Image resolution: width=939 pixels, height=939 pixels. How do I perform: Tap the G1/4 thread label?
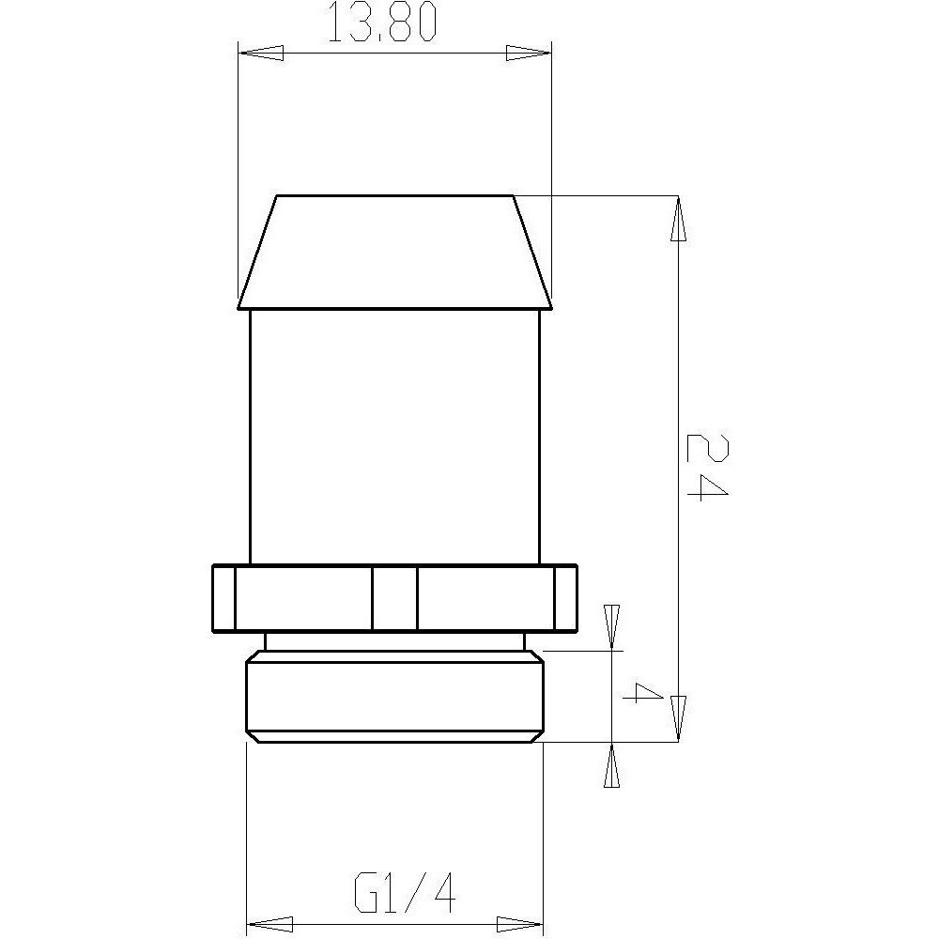click(x=405, y=893)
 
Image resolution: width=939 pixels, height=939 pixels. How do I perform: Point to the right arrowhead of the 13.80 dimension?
click(x=530, y=53)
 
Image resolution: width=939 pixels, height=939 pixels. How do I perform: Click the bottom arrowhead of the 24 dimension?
click(x=679, y=719)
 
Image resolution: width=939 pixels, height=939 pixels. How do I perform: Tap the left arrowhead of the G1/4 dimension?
click(x=269, y=923)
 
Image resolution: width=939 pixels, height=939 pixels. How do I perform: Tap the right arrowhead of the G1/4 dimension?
click(x=520, y=923)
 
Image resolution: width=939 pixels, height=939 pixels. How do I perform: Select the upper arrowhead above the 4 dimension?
click(x=612, y=625)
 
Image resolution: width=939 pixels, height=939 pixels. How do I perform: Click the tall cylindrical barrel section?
click(x=394, y=437)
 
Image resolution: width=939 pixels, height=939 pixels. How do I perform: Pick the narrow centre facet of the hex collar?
click(x=394, y=598)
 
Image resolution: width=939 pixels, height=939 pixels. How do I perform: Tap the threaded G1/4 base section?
click(x=394, y=696)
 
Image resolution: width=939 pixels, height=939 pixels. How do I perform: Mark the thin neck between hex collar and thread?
click(x=394, y=641)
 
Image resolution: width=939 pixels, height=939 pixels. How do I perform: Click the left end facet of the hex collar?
click(x=223, y=598)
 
